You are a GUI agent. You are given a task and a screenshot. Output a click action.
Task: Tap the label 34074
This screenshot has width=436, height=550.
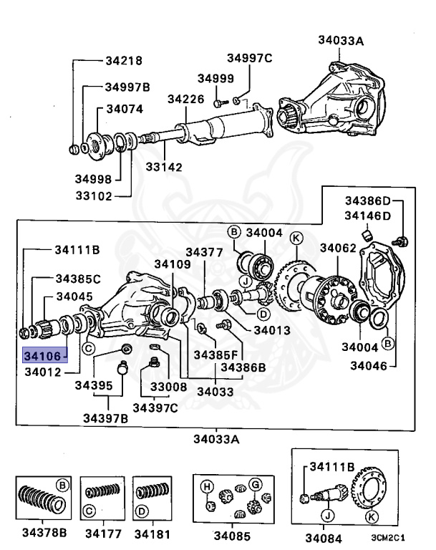(x=125, y=110)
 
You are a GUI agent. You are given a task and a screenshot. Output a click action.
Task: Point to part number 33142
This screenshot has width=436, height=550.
(x=164, y=167)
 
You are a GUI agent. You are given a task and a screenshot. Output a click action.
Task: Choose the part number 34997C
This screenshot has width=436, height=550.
(x=250, y=58)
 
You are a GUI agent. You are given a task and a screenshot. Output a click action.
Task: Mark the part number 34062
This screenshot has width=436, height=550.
(x=338, y=248)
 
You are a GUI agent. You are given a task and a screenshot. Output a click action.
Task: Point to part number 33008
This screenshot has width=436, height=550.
(x=168, y=386)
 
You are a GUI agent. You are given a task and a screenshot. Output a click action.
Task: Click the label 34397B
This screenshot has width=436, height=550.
(x=105, y=418)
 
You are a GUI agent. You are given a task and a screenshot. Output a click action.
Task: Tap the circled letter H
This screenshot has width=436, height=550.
(x=207, y=488)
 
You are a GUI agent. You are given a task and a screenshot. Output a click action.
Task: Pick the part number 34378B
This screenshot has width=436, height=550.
(x=44, y=533)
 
